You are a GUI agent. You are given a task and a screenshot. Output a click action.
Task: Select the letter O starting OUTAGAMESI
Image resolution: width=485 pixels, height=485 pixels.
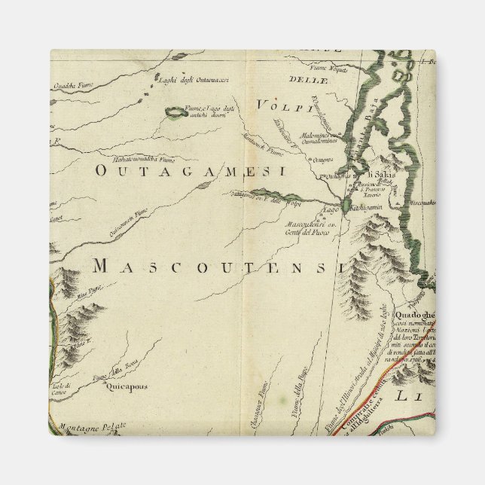(x=102, y=172)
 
